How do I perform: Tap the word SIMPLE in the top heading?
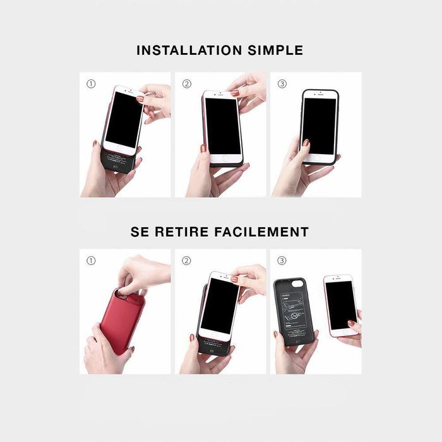point(274,51)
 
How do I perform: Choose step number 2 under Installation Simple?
point(186,83)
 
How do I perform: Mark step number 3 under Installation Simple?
point(282,83)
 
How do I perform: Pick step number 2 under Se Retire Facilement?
point(186,260)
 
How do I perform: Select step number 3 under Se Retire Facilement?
point(282,260)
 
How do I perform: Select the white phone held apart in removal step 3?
point(339,306)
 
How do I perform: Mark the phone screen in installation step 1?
point(124,119)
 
